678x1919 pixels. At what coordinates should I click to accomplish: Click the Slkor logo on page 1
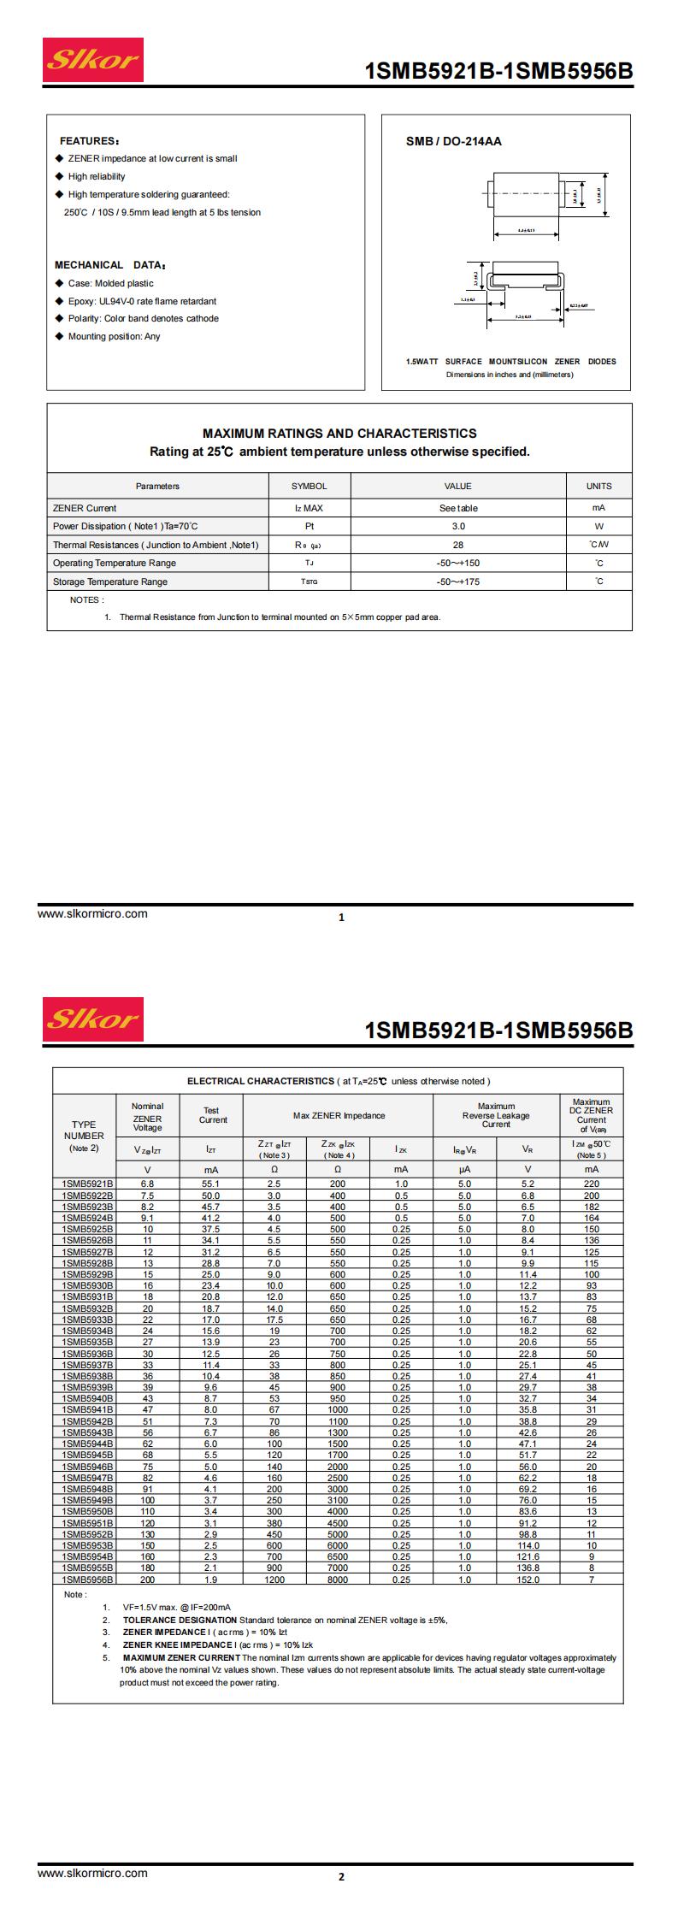pos(93,60)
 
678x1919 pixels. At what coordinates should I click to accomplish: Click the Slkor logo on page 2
pos(93,1018)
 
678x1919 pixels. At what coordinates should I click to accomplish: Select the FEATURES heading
pos(89,141)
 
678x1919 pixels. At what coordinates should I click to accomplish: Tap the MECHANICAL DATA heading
pos(110,265)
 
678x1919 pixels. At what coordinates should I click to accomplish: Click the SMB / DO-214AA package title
pos(453,141)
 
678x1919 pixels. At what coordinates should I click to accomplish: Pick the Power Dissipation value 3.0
pos(457,527)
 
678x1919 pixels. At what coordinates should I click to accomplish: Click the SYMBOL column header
pos(309,486)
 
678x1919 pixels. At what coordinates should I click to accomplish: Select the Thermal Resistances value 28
pos(457,545)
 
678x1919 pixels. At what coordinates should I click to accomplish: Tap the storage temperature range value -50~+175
pos(457,582)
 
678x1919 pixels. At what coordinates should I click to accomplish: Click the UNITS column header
pos(598,486)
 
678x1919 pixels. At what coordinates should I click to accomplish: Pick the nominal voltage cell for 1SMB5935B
pos(147,1343)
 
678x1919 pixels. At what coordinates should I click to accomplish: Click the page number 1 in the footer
pos(342,918)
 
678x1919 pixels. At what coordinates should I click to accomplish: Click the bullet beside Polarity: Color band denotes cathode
pos(59,318)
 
